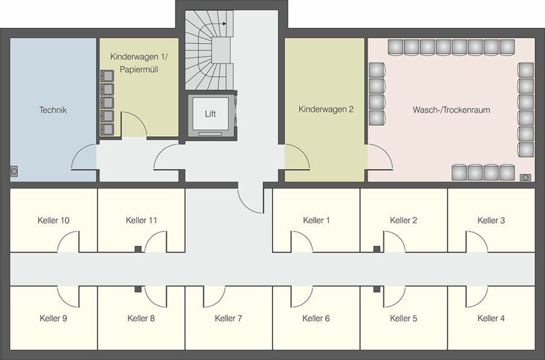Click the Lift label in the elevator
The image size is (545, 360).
[x=210, y=114]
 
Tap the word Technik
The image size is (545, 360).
[x=53, y=110]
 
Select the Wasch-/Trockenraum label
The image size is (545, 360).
[x=451, y=110]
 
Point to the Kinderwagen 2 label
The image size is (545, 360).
[x=326, y=110]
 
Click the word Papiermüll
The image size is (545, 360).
[x=139, y=70]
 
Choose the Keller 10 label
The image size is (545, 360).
[x=53, y=220]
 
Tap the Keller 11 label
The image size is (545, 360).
[x=142, y=220]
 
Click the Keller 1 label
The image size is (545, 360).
[x=316, y=220]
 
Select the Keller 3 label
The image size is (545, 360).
[x=491, y=220]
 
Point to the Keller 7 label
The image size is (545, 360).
[x=228, y=318]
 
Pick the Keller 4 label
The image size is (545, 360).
[x=491, y=318]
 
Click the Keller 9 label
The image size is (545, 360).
[x=53, y=318]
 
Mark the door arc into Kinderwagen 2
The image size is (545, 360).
[x=303, y=152]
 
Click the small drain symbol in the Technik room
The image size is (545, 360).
[x=14, y=171]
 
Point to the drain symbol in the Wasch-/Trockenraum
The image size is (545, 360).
[x=525, y=178]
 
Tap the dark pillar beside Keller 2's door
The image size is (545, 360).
[x=377, y=249]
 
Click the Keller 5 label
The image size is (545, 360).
[x=403, y=318]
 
